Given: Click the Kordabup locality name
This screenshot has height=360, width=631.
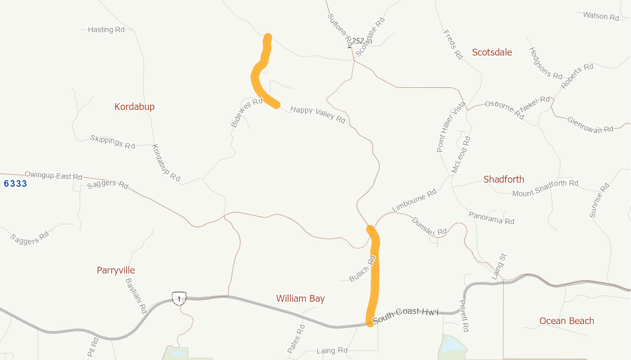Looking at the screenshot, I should (135, 107).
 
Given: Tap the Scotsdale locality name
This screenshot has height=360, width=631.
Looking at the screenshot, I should (492, 52).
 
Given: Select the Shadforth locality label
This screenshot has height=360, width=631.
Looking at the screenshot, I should (503, 179).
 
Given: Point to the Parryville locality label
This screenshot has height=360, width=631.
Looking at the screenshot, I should (115, 271).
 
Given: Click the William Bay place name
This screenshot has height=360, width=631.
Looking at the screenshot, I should (300, 299).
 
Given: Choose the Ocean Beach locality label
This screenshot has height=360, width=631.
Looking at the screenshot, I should (566, 321).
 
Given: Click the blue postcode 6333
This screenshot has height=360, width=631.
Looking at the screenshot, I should (15, 184).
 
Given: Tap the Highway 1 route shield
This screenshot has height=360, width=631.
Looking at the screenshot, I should (179, 298).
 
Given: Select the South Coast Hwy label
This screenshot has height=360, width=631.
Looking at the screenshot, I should (406, 316).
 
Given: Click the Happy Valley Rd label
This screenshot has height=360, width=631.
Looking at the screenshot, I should (318, 114).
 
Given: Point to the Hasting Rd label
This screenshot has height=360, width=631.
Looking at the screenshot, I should (106, 30).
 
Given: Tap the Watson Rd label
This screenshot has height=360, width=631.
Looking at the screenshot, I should (601, 16).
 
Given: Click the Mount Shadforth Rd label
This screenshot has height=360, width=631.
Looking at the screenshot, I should (545, 188).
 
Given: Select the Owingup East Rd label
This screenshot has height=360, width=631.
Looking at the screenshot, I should (54, 175).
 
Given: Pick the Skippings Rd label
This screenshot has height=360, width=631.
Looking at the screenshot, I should (113, 141).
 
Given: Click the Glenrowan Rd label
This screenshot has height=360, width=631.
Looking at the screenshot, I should (590, 125).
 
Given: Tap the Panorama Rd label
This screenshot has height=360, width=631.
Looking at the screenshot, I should (491, 217).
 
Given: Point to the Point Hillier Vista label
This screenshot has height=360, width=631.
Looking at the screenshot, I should (451, 127).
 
